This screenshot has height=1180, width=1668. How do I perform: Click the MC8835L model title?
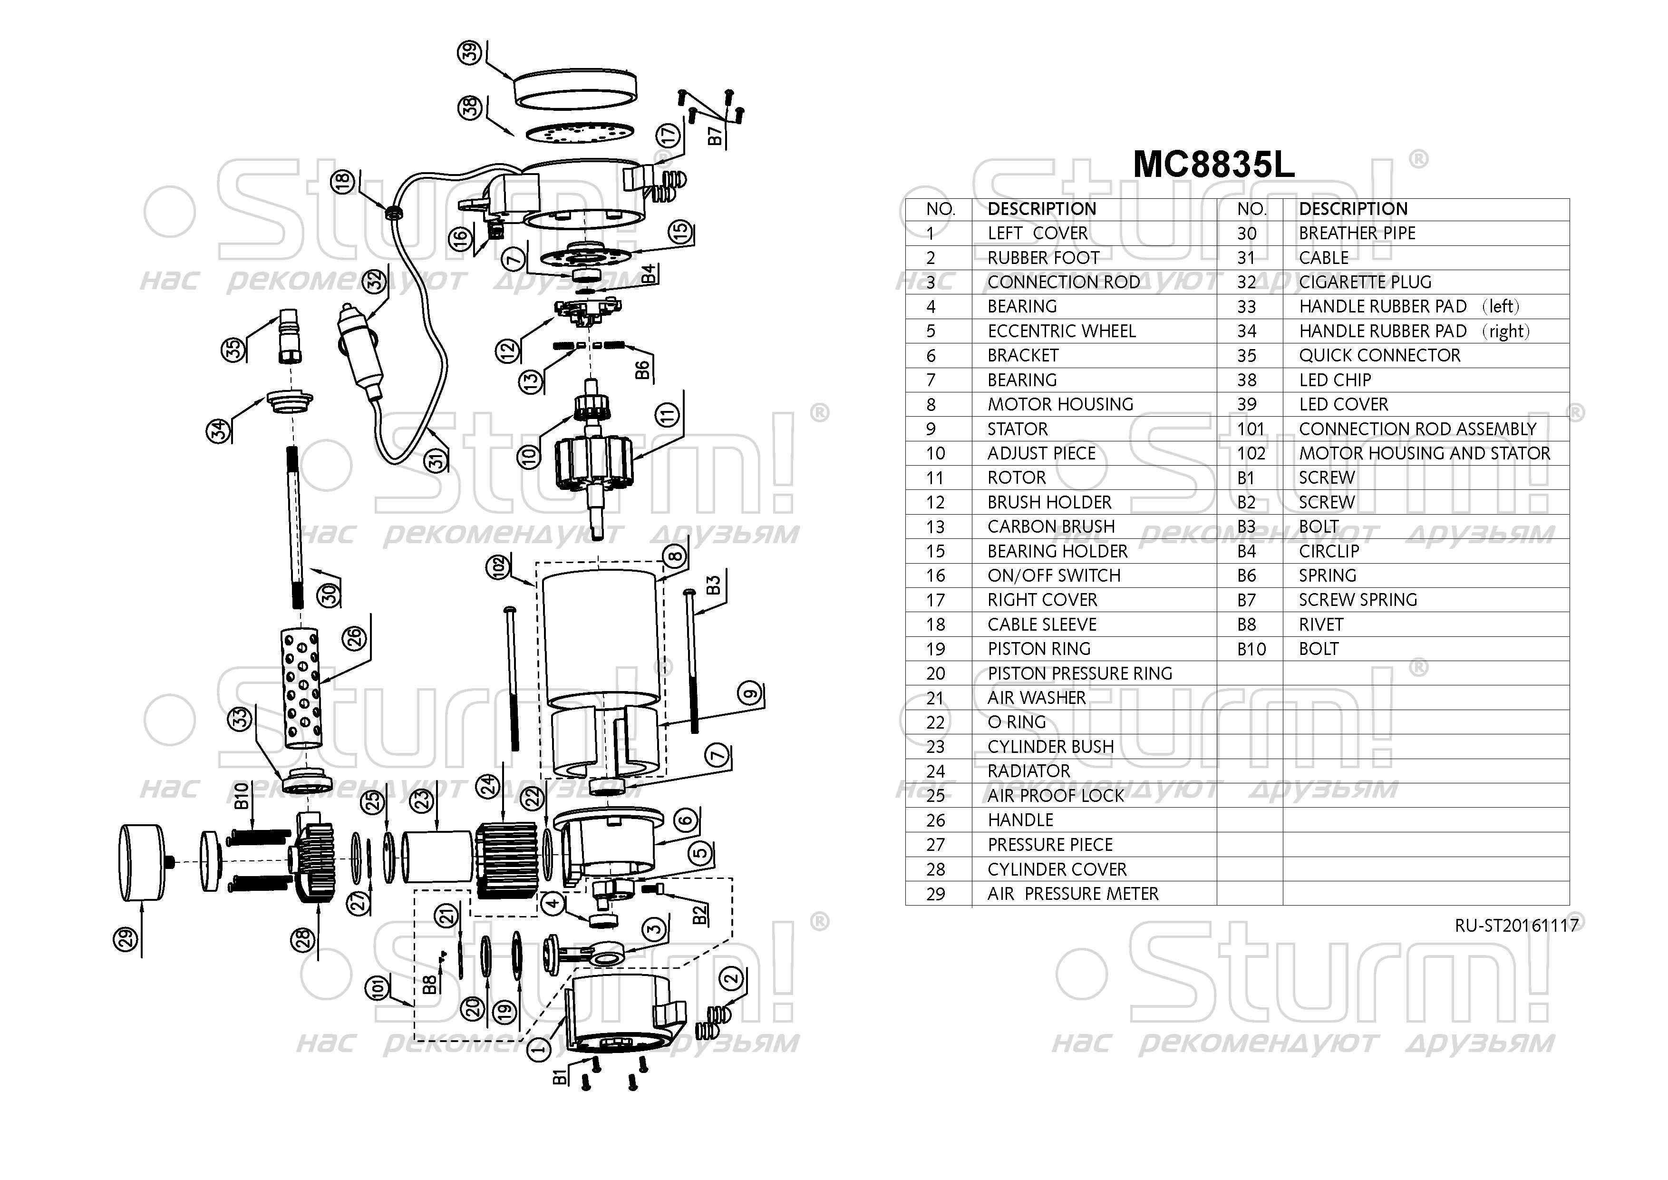click(x=1213, y=165)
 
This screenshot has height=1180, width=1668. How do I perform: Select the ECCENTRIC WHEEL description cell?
click(x=1061, y=332)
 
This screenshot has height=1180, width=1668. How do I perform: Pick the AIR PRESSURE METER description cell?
click(x=1072, y=894)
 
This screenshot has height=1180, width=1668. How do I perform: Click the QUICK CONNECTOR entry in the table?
click(x=1379, y=355)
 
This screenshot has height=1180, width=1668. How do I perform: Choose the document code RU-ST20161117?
click(x=1516, y=925)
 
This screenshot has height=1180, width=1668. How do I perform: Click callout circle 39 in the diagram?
click(x=470, y=52)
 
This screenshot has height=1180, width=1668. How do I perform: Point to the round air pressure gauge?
click(x=142, y=862)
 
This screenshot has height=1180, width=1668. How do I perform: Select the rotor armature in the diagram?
click(x=594, y=465)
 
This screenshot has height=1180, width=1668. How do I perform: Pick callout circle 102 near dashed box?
click(x=498, y=567)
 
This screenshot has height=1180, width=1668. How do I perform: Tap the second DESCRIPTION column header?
click(x=1353, y=209)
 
